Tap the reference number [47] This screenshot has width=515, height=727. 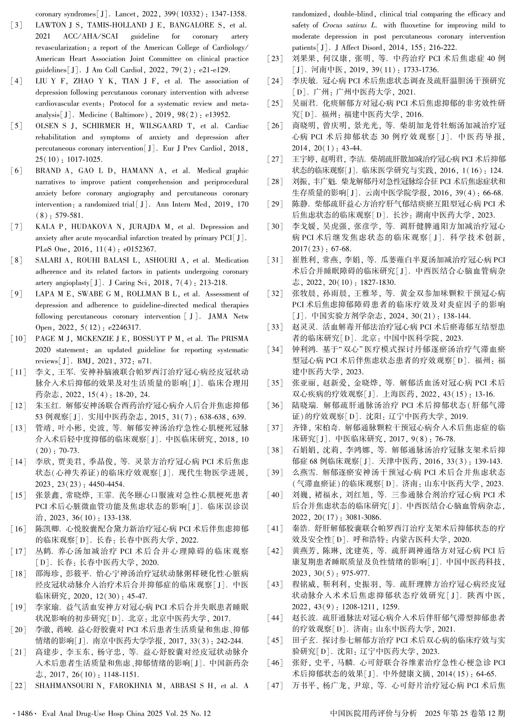pyautogui.click(x=275, y=686)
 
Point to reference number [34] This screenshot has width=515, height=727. pyautogui.click(x=275, y=350)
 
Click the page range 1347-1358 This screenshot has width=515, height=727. pyautogui.click(x=228, y=14)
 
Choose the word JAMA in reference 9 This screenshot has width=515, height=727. pyautogui.click(x=218, y=316)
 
